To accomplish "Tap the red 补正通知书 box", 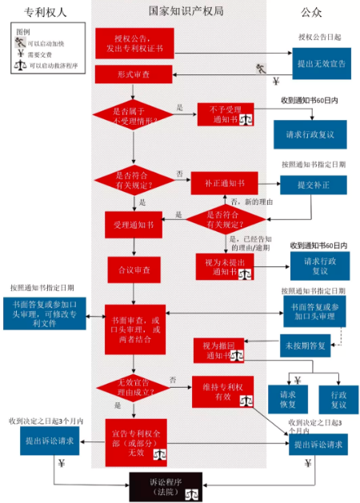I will click(224, 183).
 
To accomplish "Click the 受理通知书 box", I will click(133, 226).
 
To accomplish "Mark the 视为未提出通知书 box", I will click(224, 265).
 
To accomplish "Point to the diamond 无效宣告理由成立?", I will click(134, 389).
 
